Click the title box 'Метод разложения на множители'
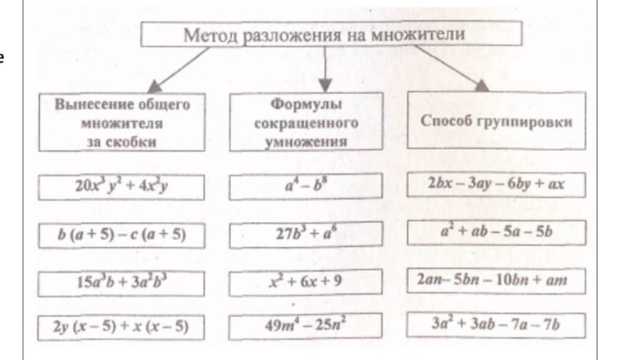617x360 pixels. point(324,35)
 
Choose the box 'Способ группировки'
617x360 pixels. point(496,121)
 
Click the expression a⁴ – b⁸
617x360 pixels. point(305,187)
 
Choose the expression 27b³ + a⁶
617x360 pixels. point(305,234)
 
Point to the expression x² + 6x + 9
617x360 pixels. point(305,281)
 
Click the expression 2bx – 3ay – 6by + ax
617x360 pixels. point(496,184)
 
